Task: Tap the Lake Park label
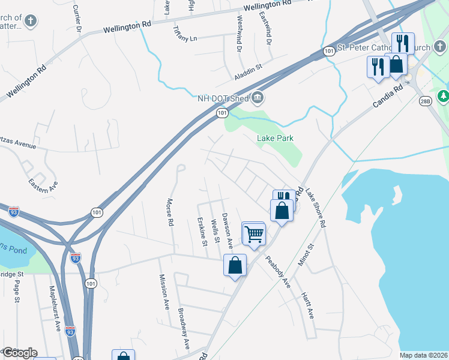coord(275,138)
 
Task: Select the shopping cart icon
coord(255,233)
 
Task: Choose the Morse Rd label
coord(170,212)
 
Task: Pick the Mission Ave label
coord(164,292)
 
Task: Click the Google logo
coord(19,352)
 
